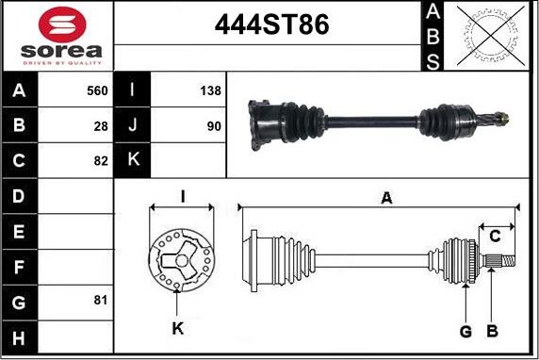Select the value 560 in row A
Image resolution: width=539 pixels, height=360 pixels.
click(97, 91)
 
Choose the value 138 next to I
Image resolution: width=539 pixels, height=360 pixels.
click(210, 91)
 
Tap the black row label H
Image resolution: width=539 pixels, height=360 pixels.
click(19, 335)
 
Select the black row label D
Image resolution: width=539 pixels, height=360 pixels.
click(19, 196)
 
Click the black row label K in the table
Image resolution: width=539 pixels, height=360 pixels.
click(132, 160)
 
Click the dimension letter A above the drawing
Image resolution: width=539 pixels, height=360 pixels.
click(385, 198)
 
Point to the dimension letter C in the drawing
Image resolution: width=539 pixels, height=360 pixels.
click(495, 237)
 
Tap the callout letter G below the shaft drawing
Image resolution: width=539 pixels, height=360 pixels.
click(465, 332)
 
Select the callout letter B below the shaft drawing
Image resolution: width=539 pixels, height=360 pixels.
click(491, 332)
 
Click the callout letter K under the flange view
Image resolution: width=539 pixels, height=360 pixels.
click(178, 329)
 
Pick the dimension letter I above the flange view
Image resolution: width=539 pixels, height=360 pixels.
click(182, 195)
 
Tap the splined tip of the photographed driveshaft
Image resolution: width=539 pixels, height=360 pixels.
click(503, 119)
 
